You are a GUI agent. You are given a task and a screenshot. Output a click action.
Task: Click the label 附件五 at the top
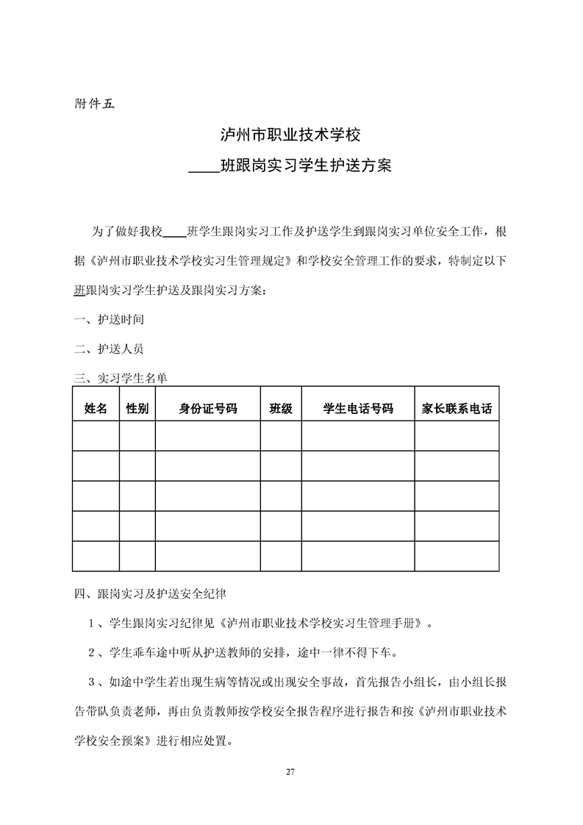pos(95,103)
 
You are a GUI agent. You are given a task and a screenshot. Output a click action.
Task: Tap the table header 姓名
pos(96,408)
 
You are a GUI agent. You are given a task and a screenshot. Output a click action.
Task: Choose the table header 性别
pos(137,408)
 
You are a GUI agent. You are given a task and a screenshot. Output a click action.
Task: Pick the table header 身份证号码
pos(207,408)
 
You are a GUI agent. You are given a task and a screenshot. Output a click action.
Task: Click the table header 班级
pos(281,408)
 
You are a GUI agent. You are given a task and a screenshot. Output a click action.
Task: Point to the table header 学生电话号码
pos(358,408)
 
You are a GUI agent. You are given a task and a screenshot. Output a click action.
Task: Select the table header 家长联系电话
pos(457,408)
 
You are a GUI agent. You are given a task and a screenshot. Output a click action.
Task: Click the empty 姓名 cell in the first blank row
pos(96,436)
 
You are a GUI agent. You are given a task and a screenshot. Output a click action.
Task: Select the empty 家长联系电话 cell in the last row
pos(457,556)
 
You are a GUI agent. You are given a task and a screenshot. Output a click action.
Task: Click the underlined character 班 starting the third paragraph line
pos(81,290)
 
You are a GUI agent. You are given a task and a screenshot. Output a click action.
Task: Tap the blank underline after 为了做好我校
pos(174,231)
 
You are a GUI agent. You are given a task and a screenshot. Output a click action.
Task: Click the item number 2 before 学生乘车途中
pos(91,652)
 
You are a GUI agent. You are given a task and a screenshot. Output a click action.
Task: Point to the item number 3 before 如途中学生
pos(91,682)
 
